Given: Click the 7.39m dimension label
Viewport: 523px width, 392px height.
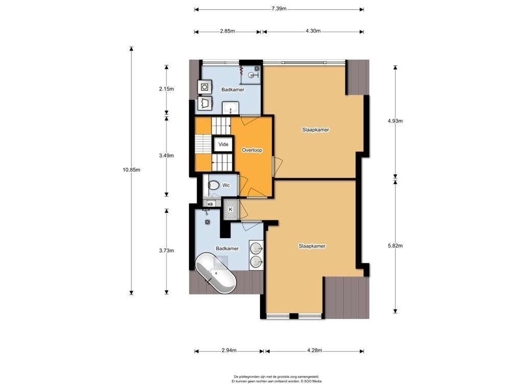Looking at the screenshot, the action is (x=279, y=9).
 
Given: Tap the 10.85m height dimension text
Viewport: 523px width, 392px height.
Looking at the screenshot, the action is (x=131, y=169).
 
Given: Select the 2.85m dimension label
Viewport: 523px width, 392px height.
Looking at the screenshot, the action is (x=227, y=31).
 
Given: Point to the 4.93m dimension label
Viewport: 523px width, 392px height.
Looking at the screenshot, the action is (x=395, y=121).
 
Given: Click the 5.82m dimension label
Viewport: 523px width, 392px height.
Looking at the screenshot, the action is (x=395, y=246).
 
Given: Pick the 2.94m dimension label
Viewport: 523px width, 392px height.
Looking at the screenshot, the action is (x=229, y=350).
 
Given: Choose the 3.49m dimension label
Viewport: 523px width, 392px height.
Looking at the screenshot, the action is (x=167, y=156).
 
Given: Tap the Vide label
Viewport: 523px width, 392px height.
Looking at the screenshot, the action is (x=224, y=144).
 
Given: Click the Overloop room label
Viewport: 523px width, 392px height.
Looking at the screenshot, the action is (x=252, y=151).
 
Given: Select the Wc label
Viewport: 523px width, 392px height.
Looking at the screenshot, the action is (x=226, y=185).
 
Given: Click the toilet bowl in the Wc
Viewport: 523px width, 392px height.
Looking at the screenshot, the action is (x=213, y=185).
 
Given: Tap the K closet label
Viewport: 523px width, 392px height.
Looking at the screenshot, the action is (x=230, y=210).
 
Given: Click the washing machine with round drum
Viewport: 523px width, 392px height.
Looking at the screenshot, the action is (x=204, y=87).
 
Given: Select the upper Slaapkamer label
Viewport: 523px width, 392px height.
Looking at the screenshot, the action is (x=316, y=130).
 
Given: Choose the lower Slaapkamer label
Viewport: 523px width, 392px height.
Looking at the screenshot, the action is (x=312, y=246).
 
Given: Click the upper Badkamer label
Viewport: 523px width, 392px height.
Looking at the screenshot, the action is (x=233, y=90).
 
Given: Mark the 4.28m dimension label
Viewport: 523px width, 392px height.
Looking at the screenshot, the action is (x=314, y=350).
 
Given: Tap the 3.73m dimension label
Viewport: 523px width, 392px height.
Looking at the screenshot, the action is (x=167, y=251).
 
